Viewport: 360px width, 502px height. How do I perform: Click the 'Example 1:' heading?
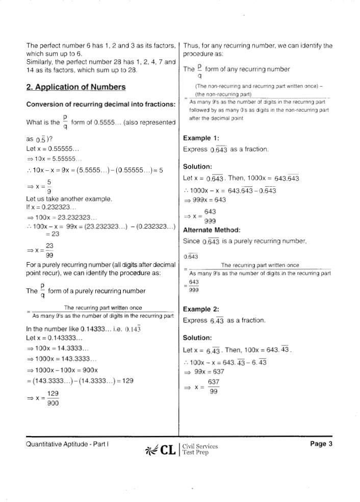[x=201, y=138]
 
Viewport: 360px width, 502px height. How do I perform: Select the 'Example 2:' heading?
[x=201, y=310]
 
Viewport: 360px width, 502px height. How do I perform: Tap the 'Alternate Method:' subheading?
[x=211, y=230]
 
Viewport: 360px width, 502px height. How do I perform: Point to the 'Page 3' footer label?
[x=321, y=444]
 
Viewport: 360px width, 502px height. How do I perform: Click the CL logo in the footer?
[x=160, y=450]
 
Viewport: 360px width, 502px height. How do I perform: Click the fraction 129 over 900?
[x=53, y=398]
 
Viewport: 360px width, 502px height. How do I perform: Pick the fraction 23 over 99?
[x=49, y=250]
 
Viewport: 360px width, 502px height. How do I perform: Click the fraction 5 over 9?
[x=49, y=187]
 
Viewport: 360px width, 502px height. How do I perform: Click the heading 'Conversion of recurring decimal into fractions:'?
[x=100, y=105]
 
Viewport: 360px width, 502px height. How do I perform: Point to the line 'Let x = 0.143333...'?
[x=54, y=338]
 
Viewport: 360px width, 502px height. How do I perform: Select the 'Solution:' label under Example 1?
[x=197, y=167]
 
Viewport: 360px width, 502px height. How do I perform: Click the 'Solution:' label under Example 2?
[x=197, y=338]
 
